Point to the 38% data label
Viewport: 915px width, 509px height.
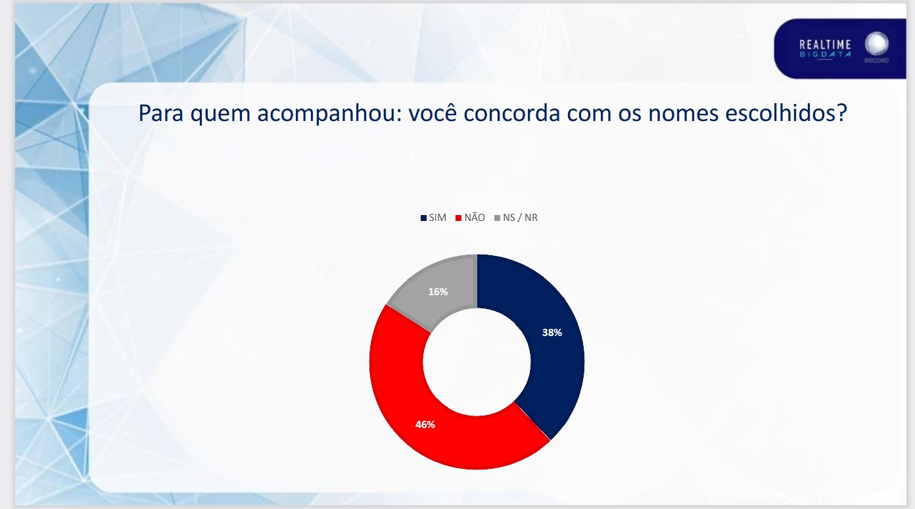(x=551, y=333)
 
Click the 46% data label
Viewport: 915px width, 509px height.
(x=425, y=425)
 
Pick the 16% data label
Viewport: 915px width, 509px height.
(x=438, y=291)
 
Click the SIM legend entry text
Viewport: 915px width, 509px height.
(x=438, y=218)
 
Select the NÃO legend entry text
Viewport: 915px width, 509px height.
(x=475, y=218)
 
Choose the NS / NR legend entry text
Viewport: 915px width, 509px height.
(x=520, y=218)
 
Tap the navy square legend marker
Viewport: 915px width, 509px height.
(x=423, y=218)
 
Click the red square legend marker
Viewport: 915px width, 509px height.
(x=458, y=218)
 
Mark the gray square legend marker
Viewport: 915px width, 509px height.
(x=497, y=218)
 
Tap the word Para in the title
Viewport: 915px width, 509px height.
(x=161, y=114)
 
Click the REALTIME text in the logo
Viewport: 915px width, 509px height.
(x=825, y=45)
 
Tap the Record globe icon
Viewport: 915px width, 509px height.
(x=876, y=45)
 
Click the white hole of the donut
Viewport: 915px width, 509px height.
(x=477, y=362)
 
